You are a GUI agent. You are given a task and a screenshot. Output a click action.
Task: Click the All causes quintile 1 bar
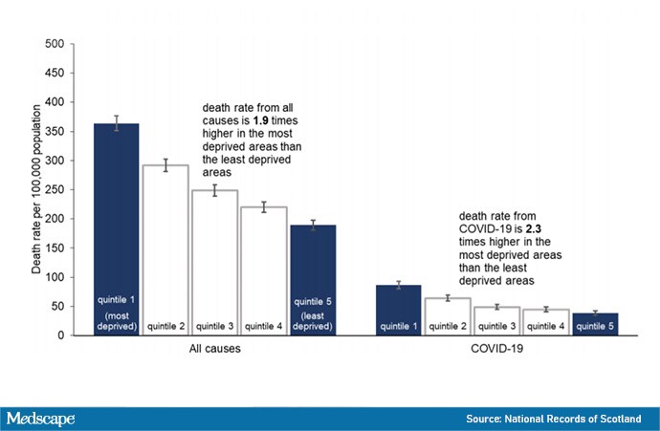(116, 229)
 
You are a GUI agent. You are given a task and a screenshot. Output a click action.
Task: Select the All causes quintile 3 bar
(214, 263)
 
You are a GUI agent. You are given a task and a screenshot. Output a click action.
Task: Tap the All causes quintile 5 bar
(313, 280)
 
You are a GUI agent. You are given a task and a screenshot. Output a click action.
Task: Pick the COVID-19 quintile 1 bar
(398, 311)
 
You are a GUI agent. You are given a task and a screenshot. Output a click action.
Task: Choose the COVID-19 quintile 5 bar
(595, 324)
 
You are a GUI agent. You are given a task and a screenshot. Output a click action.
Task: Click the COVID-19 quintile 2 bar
(448, 316)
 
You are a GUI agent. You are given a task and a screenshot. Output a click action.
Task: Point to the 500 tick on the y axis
(72, 44)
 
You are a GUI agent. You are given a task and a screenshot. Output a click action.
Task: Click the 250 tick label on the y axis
(55, 189)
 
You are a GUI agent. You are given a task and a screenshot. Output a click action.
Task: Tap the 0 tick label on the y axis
(61, 335)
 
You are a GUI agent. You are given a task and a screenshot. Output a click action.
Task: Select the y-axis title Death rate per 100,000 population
(36, 189)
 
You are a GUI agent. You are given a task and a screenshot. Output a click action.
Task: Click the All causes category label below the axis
(214, 349)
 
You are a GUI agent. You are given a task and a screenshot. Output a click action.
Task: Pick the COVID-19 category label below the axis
(496, 349)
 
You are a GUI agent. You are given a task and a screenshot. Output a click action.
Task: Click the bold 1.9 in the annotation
(260, 120)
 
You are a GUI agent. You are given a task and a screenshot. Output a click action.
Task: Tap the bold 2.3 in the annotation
(534, 228)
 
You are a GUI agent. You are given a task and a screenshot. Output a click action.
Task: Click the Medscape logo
(40, 419)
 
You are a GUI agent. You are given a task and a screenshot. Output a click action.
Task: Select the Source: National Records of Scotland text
(554, 419)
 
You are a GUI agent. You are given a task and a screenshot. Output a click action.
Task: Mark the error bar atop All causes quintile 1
(116, 123)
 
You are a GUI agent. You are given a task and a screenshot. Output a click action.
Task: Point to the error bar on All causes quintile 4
(264, 206)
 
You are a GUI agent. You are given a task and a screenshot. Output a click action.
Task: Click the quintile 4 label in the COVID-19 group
(546, 326)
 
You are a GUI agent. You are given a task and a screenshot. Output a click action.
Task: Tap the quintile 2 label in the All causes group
(165, 326)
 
